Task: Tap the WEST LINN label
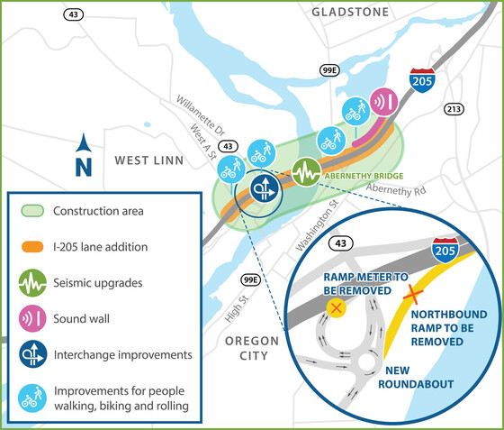148,160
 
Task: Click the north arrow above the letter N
83,142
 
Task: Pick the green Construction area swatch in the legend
33,212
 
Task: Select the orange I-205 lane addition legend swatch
33,246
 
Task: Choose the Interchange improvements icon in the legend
33,355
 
